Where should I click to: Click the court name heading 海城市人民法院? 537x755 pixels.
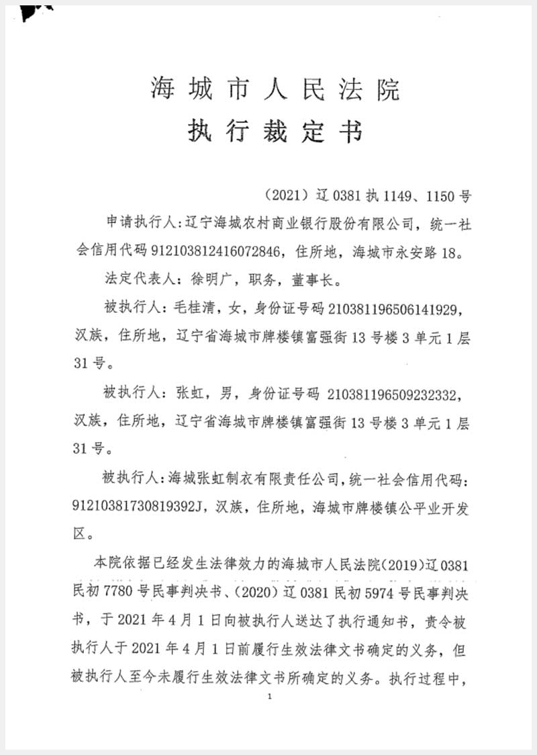[275, 89]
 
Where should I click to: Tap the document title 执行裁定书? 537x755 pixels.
[275, 131]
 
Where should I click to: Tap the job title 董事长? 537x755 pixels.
[307, 281]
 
